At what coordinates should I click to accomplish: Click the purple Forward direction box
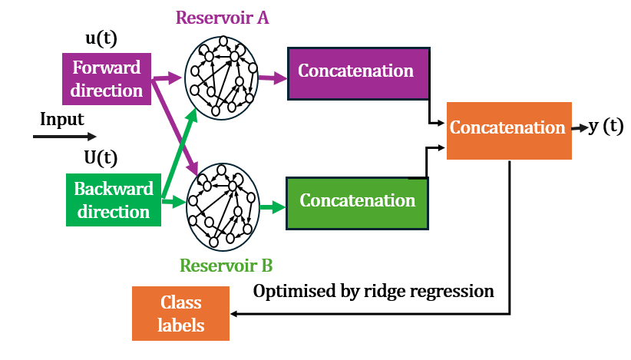(107, 79)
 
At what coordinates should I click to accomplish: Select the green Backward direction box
(114, 200)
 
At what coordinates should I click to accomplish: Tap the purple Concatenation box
(357, 72)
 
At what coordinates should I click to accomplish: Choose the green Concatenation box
(357, 202)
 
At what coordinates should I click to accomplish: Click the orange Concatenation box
(508, 127)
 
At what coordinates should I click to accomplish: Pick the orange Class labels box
(181, 314)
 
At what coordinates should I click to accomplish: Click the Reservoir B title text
(226, 266)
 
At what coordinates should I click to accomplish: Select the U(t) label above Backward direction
(100, 158)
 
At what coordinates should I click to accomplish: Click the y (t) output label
(606, 127)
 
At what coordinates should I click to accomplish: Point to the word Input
(62, 119)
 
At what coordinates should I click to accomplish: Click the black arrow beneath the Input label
(64, 137)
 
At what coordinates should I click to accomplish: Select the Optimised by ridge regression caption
(374, 292)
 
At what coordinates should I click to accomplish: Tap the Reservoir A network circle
(222, 75)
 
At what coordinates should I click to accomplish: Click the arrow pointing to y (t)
(580, 129)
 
